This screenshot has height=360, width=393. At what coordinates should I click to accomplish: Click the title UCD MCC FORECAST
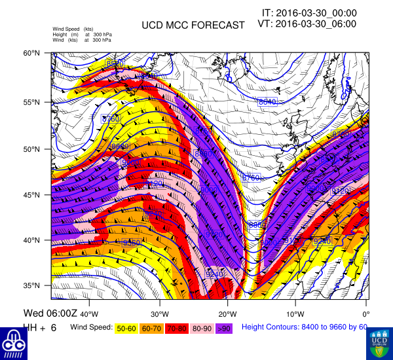click(193, 25)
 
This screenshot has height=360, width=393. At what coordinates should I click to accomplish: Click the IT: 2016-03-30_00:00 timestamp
click(309, 12)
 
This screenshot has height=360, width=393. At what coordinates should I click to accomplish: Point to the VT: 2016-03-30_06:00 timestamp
click(308, 24)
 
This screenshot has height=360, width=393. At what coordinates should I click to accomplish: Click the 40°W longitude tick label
click(90, 305)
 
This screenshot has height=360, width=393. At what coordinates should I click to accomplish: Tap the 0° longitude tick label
click(365, 305)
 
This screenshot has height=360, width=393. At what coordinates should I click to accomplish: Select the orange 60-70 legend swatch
click(152, 327)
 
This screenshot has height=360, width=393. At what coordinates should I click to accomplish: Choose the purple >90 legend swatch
click(223, 327)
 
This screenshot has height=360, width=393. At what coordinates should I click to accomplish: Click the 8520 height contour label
click(114, 63)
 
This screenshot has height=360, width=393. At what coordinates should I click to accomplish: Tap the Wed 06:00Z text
click(50, 313)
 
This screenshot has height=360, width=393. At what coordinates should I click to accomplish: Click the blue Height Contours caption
click(305, 327)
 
